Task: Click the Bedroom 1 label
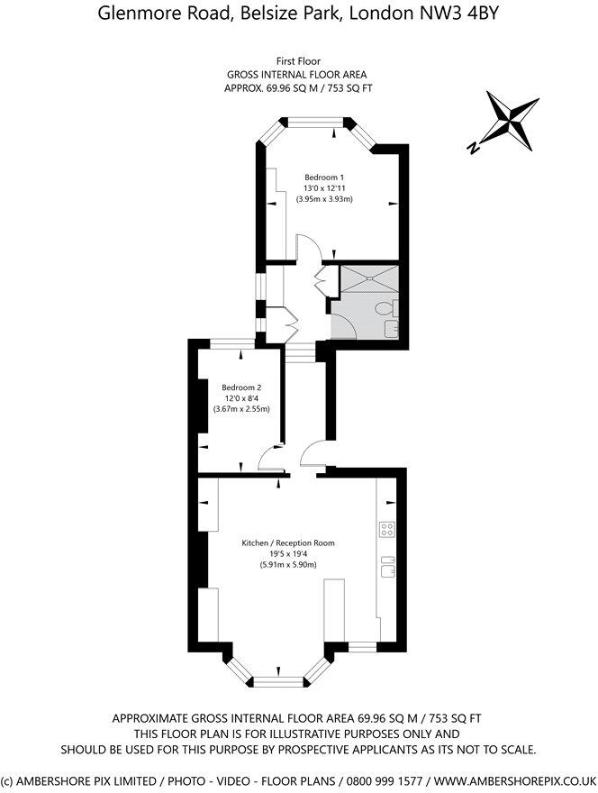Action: pos(323,177)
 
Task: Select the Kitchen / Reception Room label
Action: pos(288,543)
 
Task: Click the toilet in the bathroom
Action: pos(386,310)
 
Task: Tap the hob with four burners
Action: pos(388,529)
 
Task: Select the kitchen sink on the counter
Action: pos(388,567)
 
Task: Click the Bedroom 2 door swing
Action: pos(267,460)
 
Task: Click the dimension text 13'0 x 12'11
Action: pos(323,187)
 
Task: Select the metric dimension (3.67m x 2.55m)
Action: pos(241,409)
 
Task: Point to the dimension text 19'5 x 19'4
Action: pos(288,554)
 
